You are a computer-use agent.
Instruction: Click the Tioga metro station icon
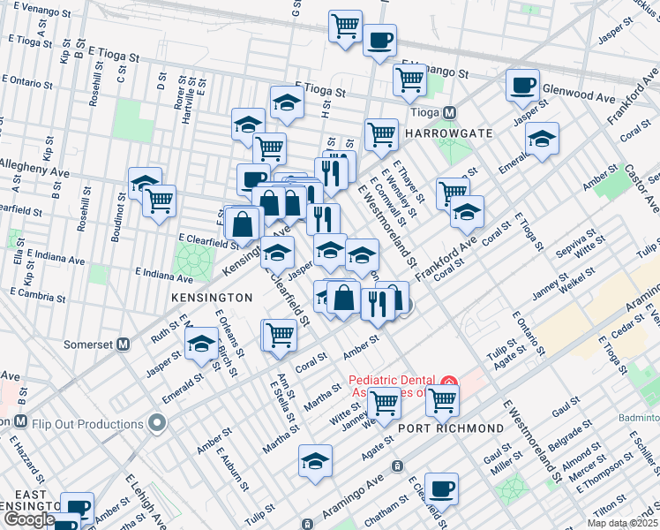(x=450, y=113)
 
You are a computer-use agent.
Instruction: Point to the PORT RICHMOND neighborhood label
(x=450, y=428)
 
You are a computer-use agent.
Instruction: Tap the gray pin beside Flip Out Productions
(x=157, y=423)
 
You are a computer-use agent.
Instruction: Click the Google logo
(x=29, y=519)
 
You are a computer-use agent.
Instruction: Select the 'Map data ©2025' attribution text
(x=621, y=523)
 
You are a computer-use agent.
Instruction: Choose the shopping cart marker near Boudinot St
(x=159, y=201)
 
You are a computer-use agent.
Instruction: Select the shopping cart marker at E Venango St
(x=410, y=79)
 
